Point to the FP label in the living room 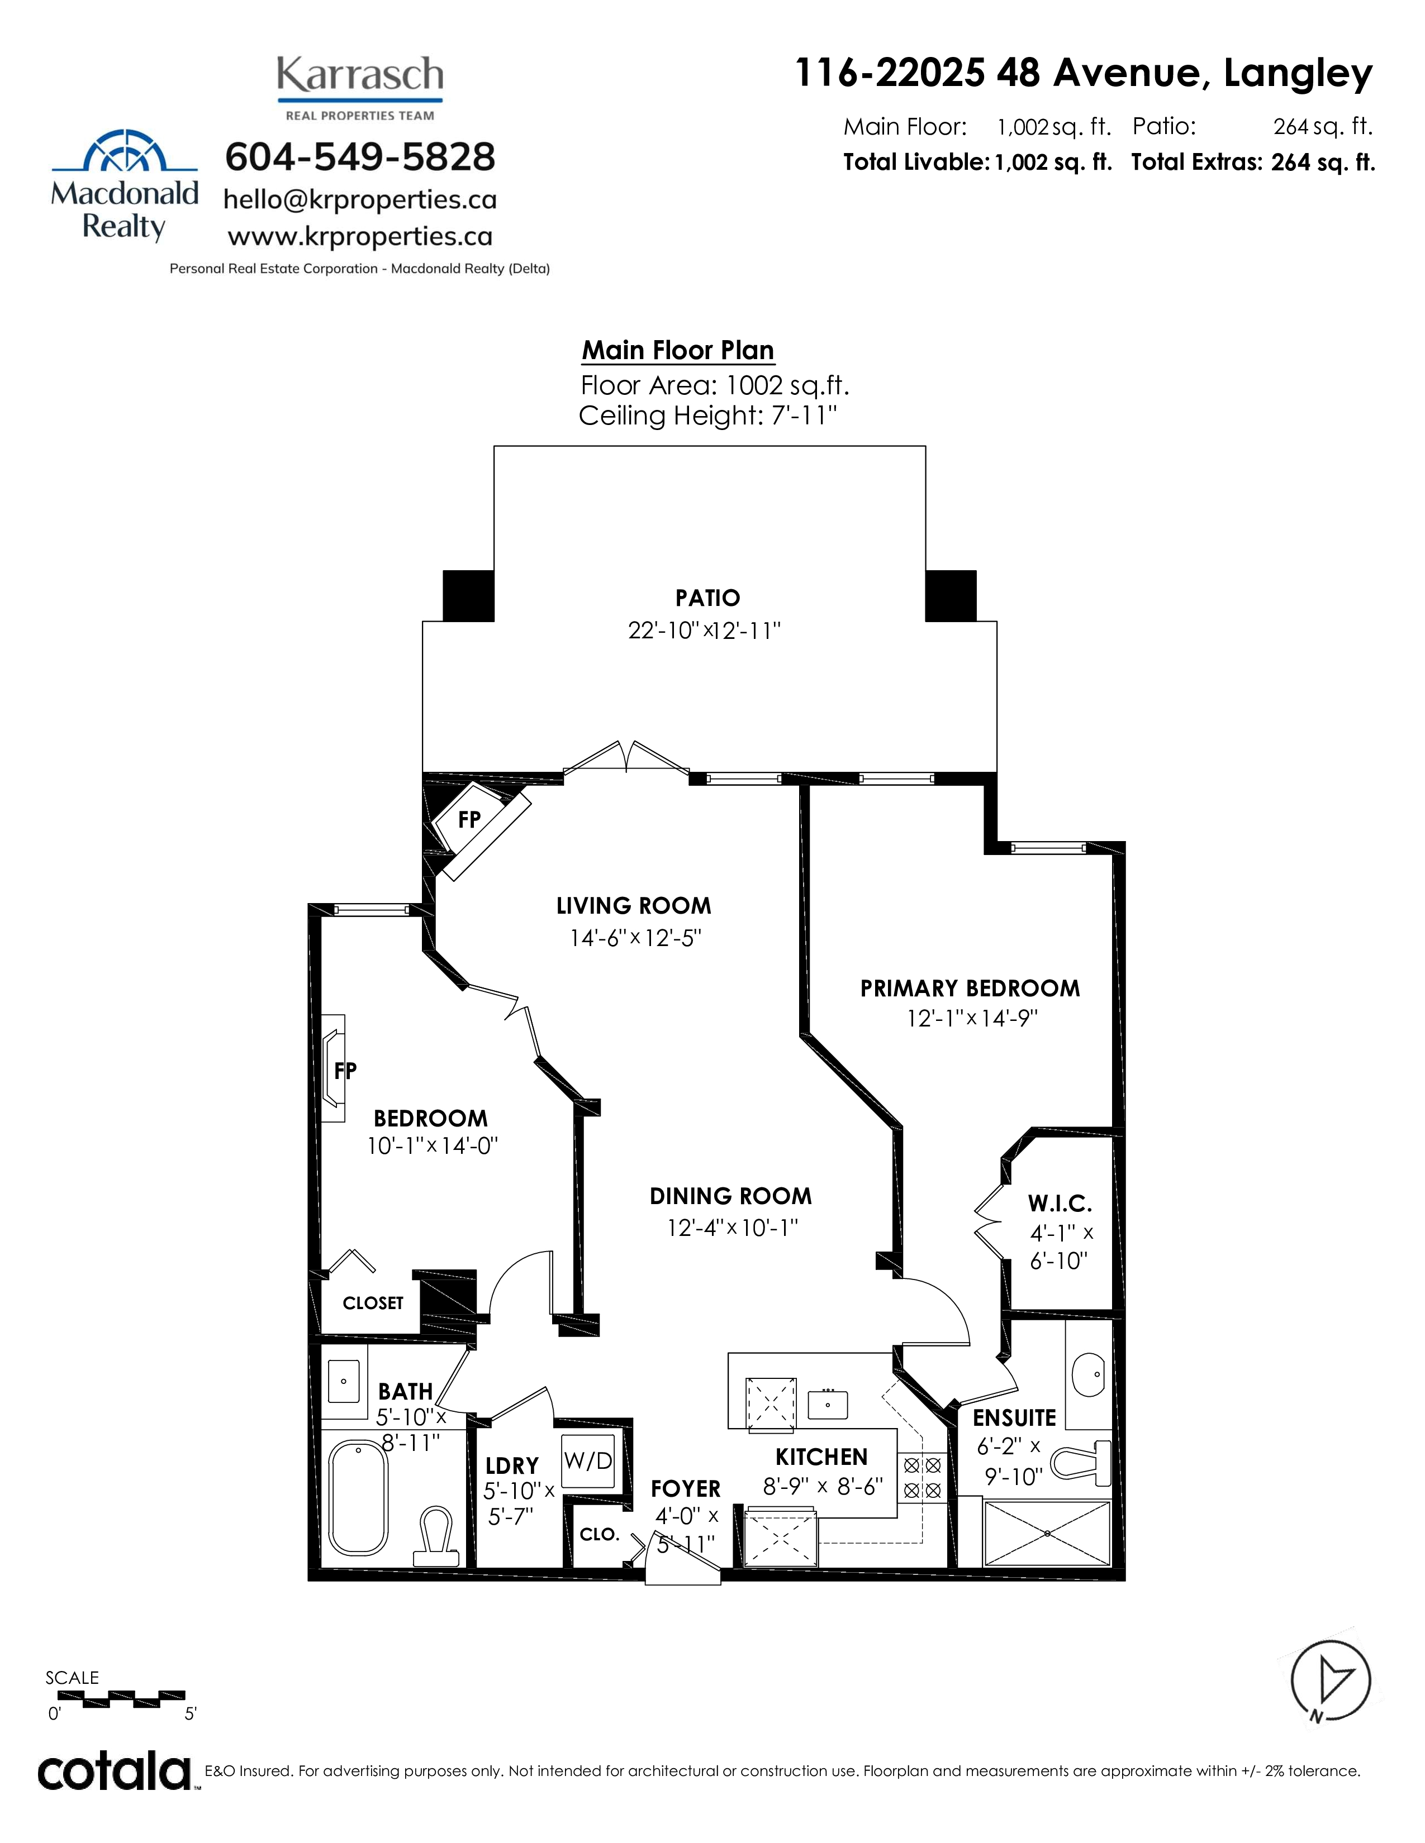coord(469,819)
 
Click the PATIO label coord(707,598)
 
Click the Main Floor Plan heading coord(678,350)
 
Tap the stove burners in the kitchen coord(923,1477)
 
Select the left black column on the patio coord(468,596)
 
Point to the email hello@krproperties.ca coord(360,200)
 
